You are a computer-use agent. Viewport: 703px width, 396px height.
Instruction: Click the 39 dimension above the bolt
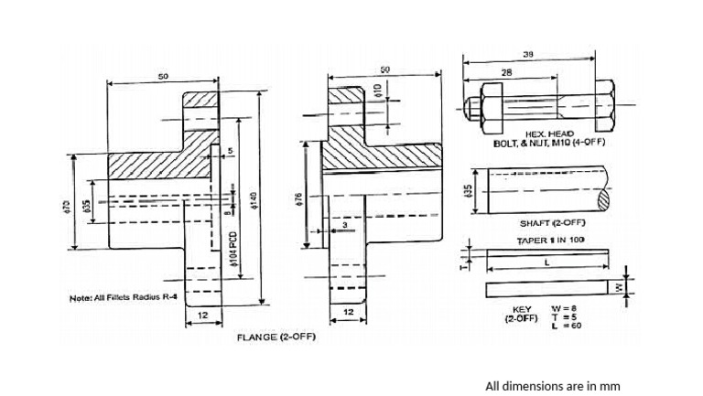[527, 55]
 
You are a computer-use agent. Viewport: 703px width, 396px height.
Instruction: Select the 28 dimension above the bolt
[505, 71]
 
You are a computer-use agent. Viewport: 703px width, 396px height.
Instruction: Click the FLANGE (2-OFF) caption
[276, 337]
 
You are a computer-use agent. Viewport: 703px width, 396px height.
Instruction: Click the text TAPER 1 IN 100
[548, 239]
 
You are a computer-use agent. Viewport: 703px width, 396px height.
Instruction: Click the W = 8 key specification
[563, 308]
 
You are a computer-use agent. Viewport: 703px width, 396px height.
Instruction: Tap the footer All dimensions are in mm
[552, 386]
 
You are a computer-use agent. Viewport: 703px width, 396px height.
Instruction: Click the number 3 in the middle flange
[344, 224]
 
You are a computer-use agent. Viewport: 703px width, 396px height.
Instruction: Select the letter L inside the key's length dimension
[546, 262]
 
